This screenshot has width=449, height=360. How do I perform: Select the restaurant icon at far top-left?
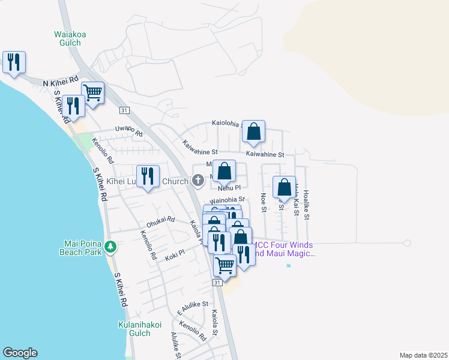click(14, 62)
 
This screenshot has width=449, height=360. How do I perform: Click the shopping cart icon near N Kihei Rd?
click(92, 93)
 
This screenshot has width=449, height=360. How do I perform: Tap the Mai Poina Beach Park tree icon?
click(110, 246)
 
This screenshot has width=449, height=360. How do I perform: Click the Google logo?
click(20, 353)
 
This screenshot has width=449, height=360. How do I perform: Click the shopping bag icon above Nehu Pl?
click(224, 171)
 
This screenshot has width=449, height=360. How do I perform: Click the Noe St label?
click(263, 202)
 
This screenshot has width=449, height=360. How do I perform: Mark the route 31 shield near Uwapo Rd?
click(124, 110)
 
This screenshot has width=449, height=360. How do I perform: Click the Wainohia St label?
click(228, 199)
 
